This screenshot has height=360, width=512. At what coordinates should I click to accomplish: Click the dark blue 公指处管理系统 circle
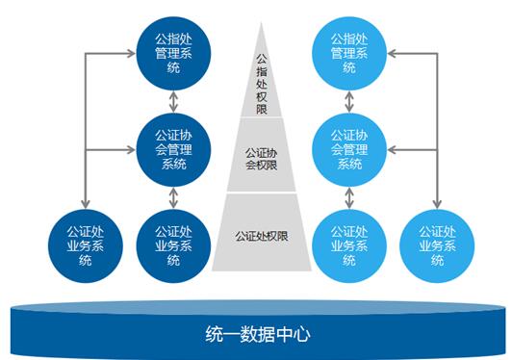tap(172, 54)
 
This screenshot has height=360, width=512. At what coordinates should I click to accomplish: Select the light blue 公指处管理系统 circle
tap(349, 54)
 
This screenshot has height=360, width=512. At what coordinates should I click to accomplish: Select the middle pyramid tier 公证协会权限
tap(261, 158)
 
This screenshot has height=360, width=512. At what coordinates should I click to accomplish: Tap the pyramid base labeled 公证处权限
tap(261, 234)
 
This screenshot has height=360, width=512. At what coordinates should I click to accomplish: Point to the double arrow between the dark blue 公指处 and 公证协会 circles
tap(172, 102)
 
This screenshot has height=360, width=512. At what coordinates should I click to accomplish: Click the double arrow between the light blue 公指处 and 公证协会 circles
tap(349, 102)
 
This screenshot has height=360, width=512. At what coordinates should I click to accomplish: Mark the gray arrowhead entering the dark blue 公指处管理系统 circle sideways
tap(130, 54)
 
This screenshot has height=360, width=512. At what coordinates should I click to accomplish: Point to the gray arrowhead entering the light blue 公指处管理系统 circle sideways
tap(392, 54)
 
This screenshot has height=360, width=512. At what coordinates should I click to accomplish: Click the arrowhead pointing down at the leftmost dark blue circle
tap(86, 203)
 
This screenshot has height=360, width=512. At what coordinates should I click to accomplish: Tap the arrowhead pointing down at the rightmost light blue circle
tap(437, 203)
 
